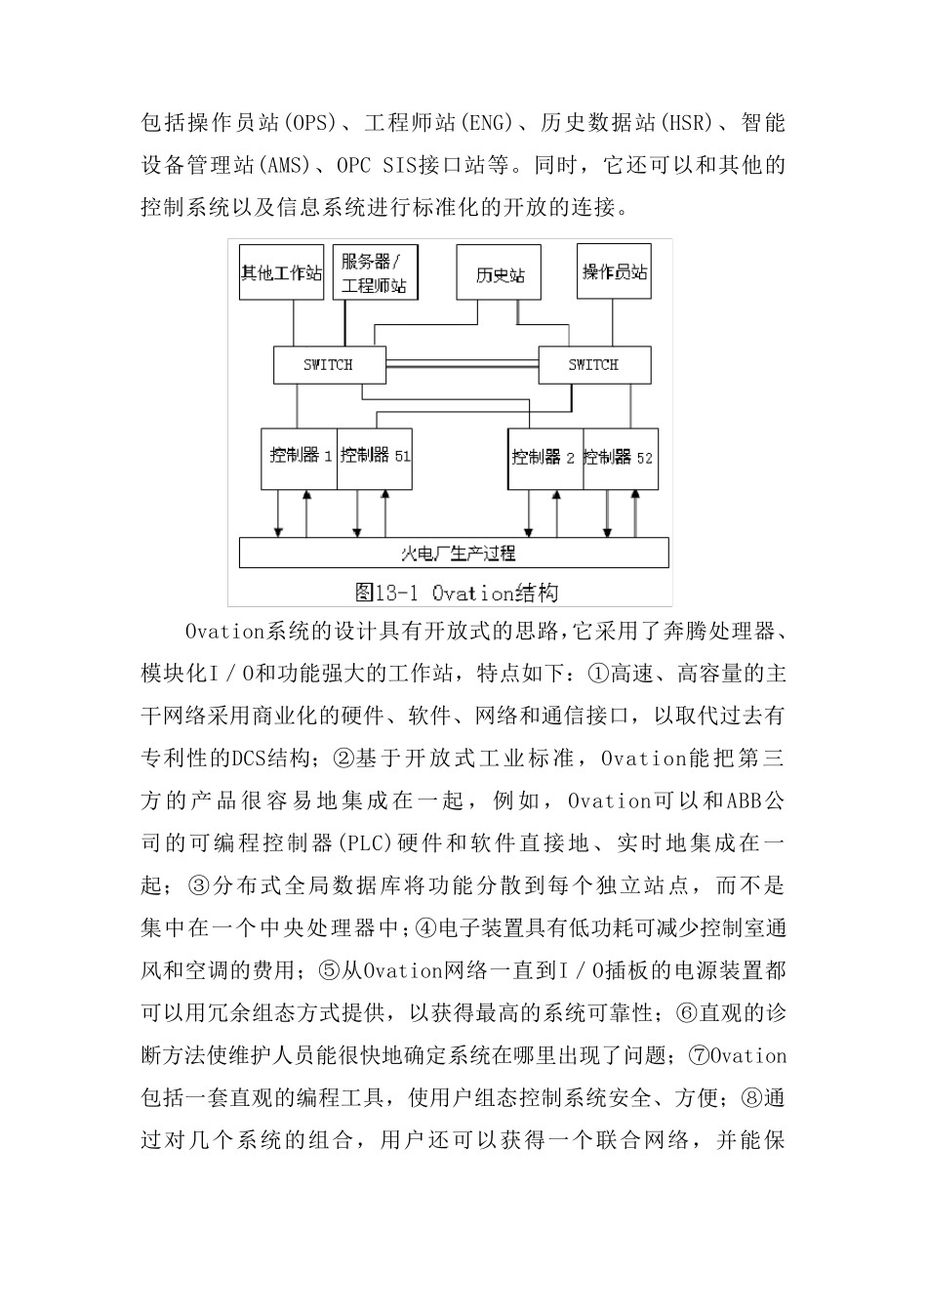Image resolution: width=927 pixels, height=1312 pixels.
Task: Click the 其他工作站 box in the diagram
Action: [x=281, y=272]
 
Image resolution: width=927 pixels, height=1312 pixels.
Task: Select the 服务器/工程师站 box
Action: [x=374, y=272]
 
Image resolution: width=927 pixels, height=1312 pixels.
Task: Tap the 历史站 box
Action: [x=500, y=273]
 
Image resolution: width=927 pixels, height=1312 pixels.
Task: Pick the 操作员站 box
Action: [x=615, y=270]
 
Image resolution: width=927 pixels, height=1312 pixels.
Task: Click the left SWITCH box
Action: [x=328, y=365]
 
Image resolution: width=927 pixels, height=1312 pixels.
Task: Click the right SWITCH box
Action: [x=593, y=365]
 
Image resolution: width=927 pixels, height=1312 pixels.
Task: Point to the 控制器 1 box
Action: [x=300, y=458]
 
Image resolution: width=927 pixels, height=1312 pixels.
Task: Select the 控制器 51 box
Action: [x=375, y=458]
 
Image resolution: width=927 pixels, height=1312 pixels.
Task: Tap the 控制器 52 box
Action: [x=621, y=458]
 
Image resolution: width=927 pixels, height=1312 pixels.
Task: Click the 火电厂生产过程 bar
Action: [x=455, y=553]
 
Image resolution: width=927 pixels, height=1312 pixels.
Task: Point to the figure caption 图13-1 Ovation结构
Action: [x=457, y=592]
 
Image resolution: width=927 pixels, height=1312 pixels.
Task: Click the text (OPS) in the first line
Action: [x=308, y=123]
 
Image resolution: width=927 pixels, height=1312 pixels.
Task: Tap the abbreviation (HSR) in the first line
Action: [x=688, y=123]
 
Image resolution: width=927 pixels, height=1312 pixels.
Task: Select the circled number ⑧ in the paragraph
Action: [x=751, y=1097]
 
